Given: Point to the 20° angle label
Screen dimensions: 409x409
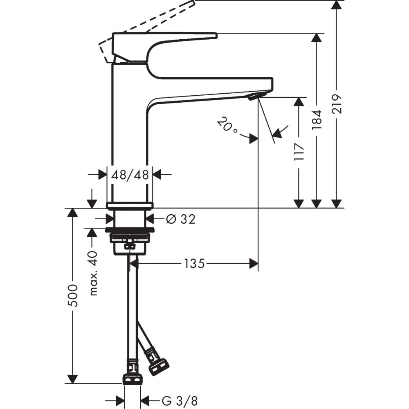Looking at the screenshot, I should (227, 126).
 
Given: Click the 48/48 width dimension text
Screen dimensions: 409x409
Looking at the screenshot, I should (130, 175).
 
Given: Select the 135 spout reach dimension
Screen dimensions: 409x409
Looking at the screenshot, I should (193, 264).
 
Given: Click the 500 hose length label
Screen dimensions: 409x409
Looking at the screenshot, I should (73, 295).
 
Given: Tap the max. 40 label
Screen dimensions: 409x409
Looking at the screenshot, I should (94, 273).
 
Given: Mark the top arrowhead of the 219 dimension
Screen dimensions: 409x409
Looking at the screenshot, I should (336, 4).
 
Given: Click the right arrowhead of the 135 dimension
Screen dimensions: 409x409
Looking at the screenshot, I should (254, 264).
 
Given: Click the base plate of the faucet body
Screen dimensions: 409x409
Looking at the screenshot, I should (130, 205).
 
